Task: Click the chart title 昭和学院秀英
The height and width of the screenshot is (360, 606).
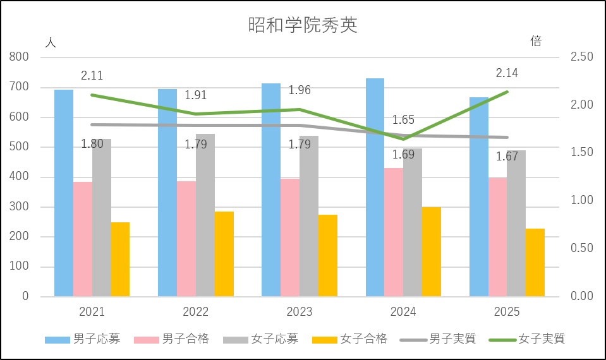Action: [303, 25]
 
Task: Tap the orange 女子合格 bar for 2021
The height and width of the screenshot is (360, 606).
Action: [120, 260]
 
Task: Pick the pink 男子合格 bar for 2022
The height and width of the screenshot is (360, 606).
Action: [186, 239]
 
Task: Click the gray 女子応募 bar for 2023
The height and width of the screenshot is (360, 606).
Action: [309, 216]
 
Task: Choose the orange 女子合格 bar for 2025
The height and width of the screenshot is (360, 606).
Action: [535, 263]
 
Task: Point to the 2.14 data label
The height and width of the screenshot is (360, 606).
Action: [507, 73]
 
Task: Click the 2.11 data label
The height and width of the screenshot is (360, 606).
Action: [92, 76]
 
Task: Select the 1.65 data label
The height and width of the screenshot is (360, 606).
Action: [403, 119]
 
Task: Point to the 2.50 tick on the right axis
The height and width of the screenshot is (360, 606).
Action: [581, 57]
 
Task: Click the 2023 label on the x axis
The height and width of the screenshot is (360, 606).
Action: [300, 312]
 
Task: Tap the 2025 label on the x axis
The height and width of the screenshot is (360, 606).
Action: [507, 312]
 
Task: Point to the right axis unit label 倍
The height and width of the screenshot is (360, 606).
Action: [536, 42]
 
